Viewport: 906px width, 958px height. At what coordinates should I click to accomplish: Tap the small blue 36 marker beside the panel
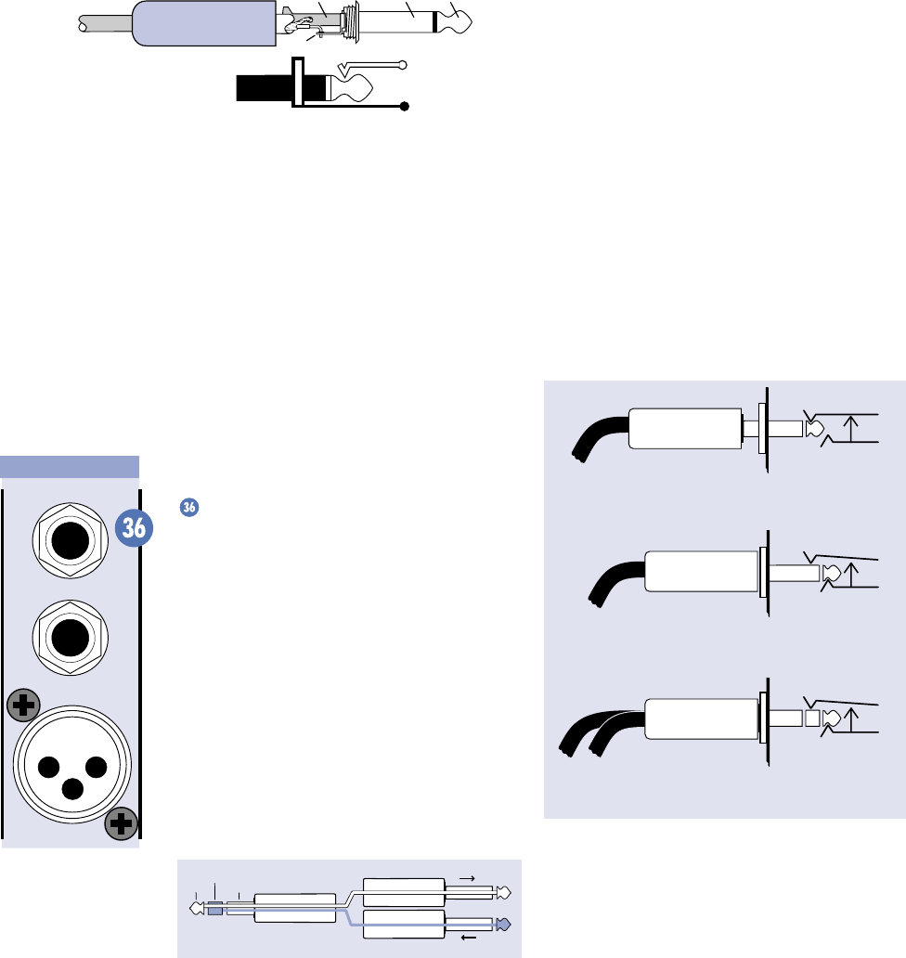tap(188, 507)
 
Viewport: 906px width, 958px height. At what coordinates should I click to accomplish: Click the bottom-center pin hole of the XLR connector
tap(71, 788)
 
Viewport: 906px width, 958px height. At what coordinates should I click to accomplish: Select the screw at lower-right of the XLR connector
tap(122, 822)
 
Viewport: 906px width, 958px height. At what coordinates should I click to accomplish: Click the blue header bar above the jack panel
tap(70, 466)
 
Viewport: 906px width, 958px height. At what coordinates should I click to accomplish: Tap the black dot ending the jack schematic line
tap(405, 107)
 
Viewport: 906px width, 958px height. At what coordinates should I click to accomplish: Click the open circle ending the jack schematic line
tap(401, 65)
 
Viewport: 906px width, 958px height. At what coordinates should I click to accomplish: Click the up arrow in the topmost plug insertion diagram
tap(850, 429)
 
